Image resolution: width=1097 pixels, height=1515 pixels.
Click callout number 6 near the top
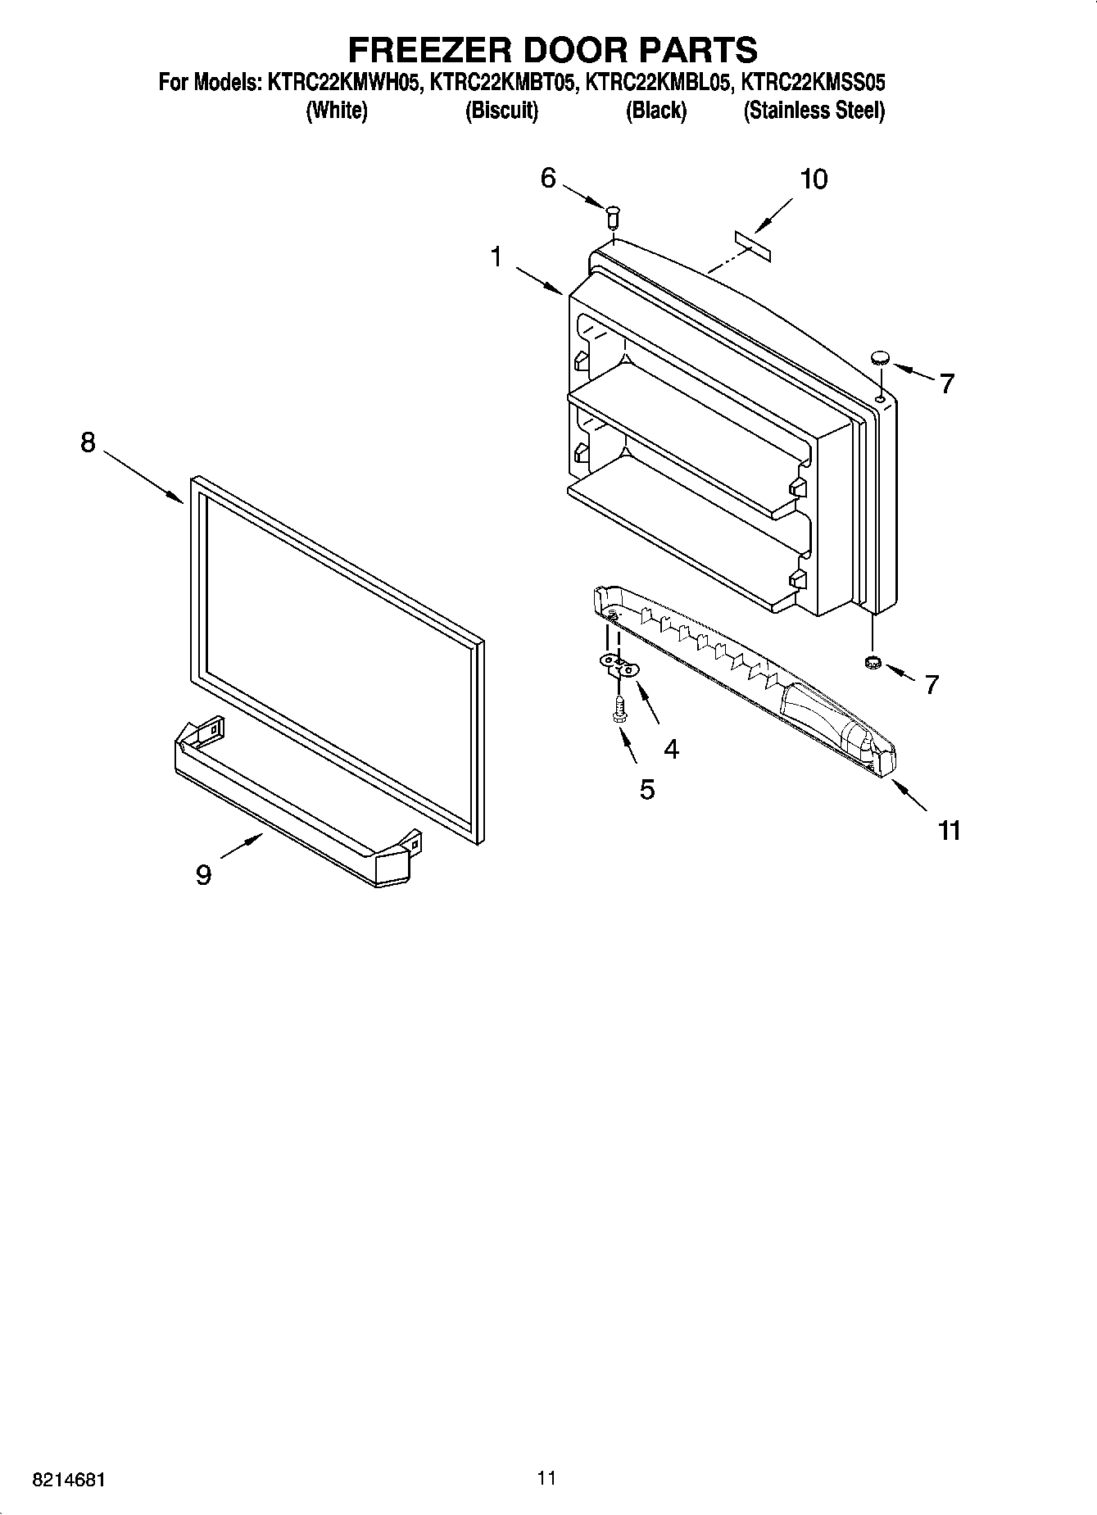click(x=548, y=178)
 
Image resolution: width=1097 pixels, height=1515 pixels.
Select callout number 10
click(x=813, y=179)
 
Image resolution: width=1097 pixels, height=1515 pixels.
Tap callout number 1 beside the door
click(x=496, y=257)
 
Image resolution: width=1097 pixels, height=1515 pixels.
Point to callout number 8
click(x=88, y=442)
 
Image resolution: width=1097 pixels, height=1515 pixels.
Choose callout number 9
click(x=203, y=875)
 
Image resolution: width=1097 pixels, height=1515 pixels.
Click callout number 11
click(x=949, y=830)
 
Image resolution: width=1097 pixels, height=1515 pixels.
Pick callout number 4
click(x=671, y=748)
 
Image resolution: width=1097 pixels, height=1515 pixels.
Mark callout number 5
click(x=647, y=789)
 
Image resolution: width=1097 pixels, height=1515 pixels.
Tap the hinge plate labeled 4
click(x=619, y=665)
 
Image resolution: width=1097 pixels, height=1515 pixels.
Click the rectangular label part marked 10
click(x=753, y=247)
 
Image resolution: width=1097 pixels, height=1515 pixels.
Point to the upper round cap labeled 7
click(x=880, y=356)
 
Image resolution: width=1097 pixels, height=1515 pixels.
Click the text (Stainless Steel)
click(x=814, y=111)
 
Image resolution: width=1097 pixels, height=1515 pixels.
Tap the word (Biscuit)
click(x=501, y=111)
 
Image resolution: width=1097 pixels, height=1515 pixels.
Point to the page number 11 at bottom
click(x=547, y=1477)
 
